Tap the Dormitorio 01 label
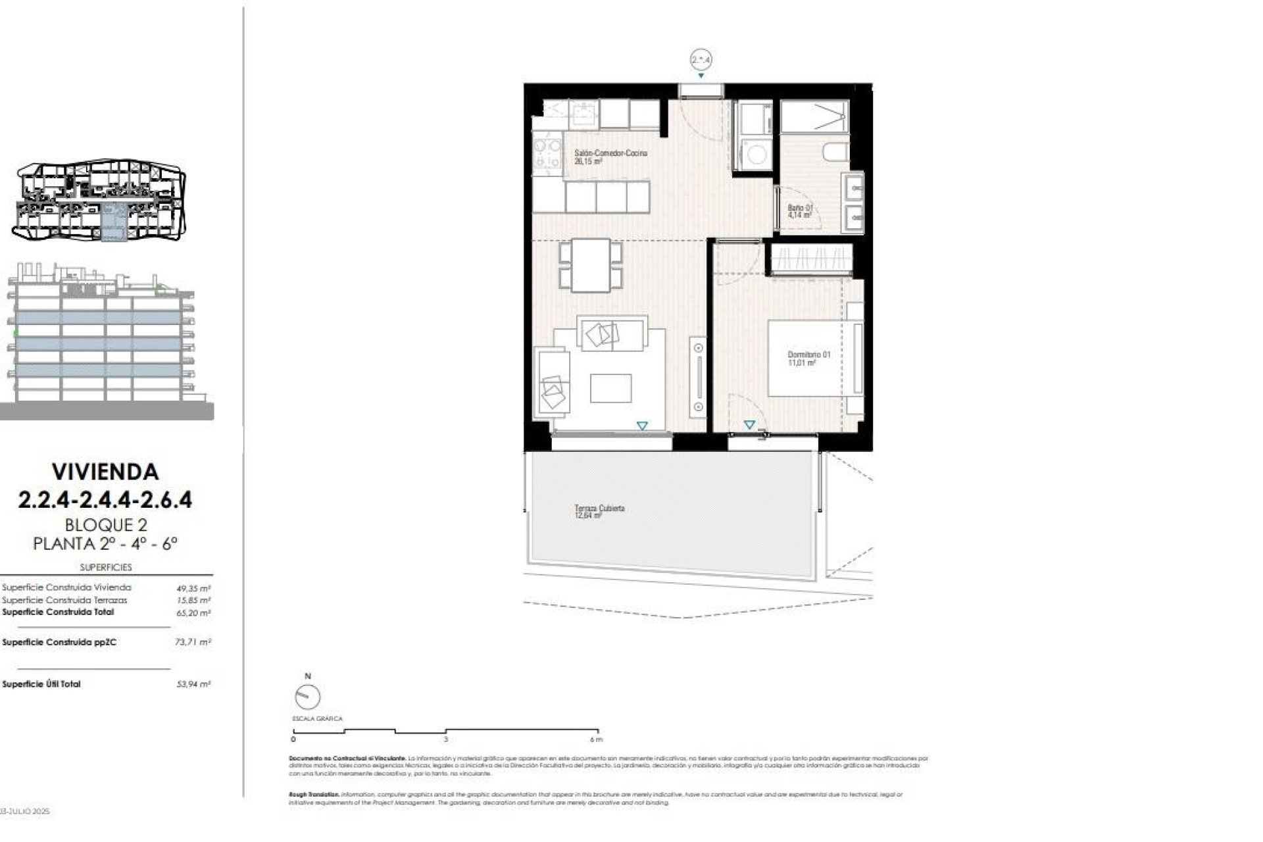[809, 355]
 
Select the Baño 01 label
[801, 208]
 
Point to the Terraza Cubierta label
[599, 508]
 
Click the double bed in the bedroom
[814, 359]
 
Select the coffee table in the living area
[610, 388]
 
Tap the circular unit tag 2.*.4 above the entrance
[701, 60]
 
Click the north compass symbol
[307, 697]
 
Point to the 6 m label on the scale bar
[596, 739]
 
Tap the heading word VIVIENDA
[105, 472]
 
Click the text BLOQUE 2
[105, 525]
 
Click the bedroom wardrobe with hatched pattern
[812, 259]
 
